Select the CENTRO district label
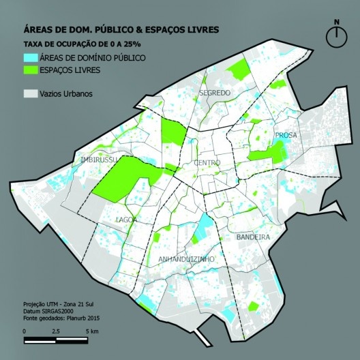click(207, 164)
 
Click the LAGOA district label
click(127, 220)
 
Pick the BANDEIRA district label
click(254, 237)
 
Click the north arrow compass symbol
click(336, 38)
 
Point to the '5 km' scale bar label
click(92, 331)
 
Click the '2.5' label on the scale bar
click(55, 331)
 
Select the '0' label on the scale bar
click(25, 331)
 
